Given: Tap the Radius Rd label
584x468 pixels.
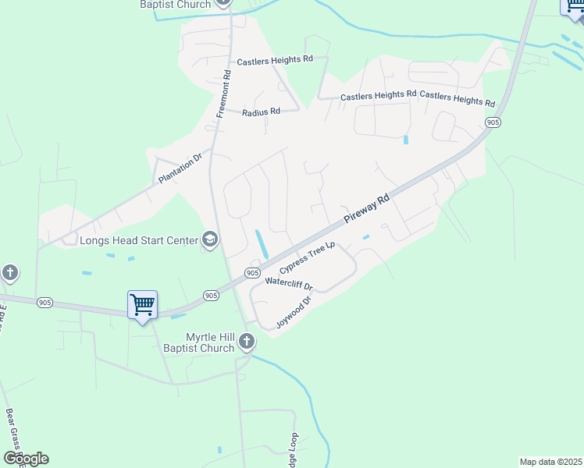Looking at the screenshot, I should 261,112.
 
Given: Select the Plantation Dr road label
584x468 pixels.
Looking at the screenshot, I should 180,168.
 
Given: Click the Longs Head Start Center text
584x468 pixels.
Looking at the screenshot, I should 140,240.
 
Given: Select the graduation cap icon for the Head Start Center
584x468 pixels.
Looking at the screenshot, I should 209,240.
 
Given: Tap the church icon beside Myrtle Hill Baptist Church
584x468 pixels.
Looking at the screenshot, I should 247,341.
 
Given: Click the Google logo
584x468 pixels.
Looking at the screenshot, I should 26,459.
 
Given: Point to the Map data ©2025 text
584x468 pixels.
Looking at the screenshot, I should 551,462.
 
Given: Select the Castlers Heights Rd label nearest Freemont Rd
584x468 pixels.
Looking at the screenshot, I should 275,59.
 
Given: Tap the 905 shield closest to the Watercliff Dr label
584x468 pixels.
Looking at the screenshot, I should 252,272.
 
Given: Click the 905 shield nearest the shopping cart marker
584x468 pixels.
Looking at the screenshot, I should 212,295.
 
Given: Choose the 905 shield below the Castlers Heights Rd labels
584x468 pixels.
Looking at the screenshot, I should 492,122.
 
